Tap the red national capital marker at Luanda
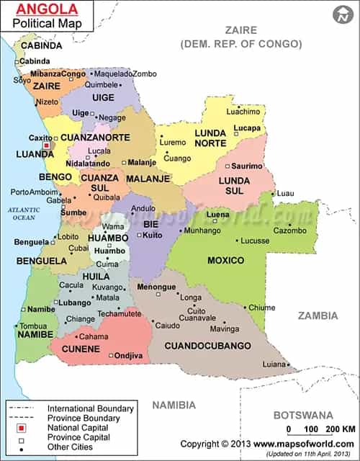coord(48,145)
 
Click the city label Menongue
coord(156,287)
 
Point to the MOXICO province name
coord(225,260)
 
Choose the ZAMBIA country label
coord(319,315)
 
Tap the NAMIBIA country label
coord(173,405)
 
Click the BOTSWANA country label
coord(302,415)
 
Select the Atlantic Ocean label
coord(22,212)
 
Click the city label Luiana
coord(274,364)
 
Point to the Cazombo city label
coord(289,230)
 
